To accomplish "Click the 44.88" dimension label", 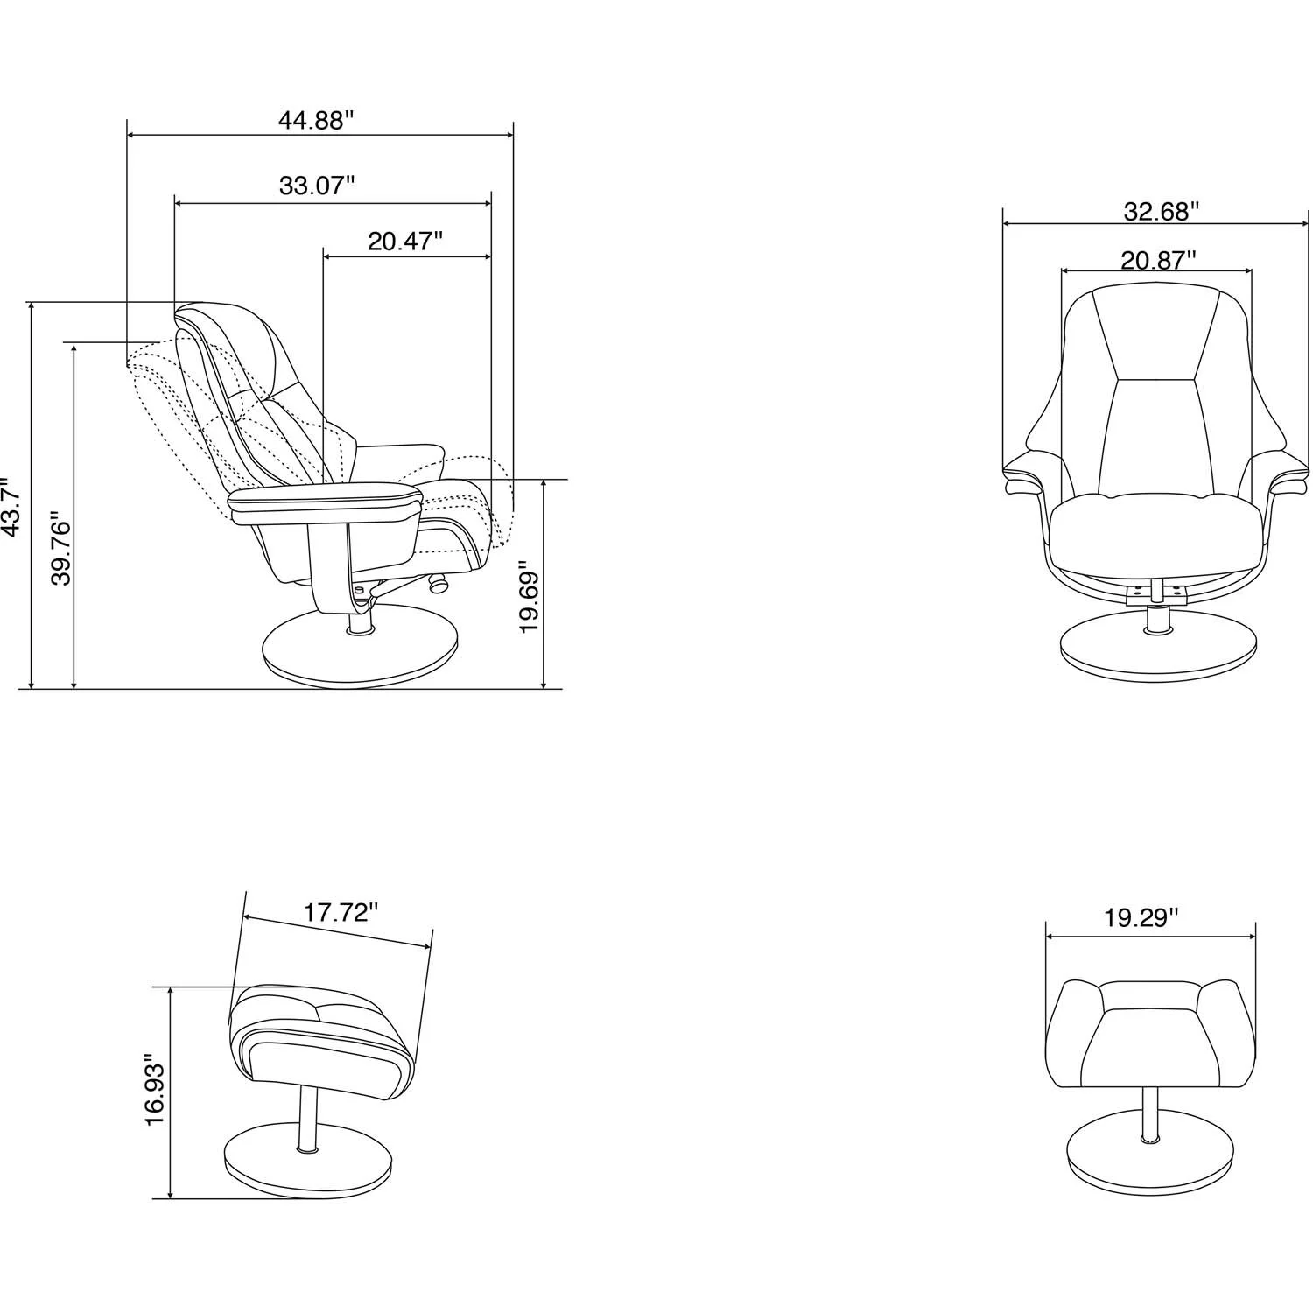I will tap(315, 121).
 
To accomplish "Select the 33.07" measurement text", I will tap(317, 186).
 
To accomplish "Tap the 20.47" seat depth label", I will tap(405, 242).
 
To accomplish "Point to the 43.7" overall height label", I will tap(11, 508).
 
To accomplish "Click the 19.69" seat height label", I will tap(529, 598).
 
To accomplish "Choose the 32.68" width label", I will tap(1161, 211).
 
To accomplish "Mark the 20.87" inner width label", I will tap(1158, 260).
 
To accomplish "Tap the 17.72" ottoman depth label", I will tap(341, 913).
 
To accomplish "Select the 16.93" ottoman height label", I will tap(154, 1089).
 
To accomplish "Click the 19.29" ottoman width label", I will tap(1141, 918).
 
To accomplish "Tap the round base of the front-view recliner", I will tap(1156, 651).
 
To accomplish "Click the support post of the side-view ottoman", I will tap(306, 1120).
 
